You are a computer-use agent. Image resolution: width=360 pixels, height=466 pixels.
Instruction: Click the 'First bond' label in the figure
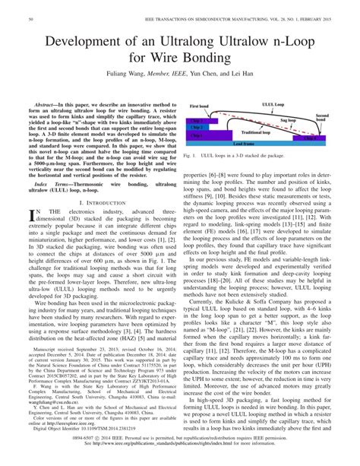coord(198,106)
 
